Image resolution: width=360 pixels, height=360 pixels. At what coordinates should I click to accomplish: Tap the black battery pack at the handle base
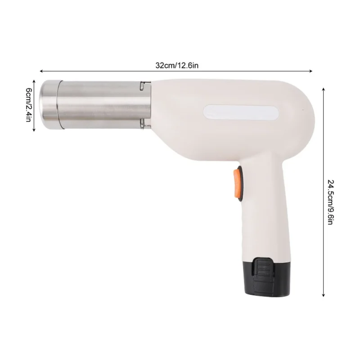(x=266, y=276)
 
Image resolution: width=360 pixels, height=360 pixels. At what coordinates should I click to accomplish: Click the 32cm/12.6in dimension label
(x=177, y=65)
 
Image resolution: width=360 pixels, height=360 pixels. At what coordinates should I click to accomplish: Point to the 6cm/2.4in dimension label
(x=28, y=105)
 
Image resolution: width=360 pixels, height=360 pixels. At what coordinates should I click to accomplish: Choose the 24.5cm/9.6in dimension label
(x=330, y=202)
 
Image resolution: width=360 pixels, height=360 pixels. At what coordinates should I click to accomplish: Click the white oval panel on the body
(x=241, y=112)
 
